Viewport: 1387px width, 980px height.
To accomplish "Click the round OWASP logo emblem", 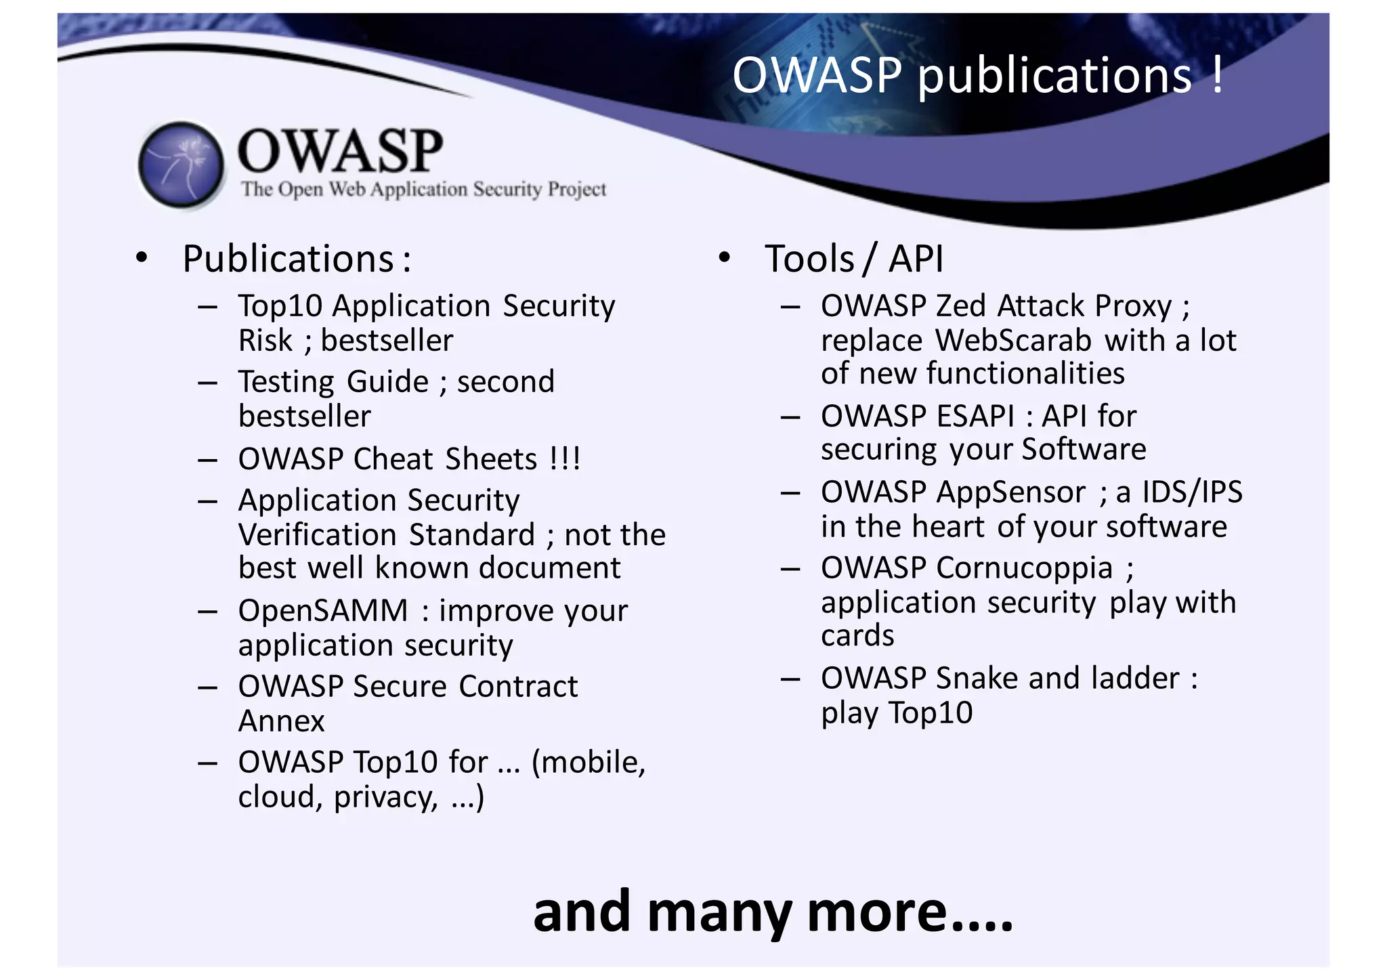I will point(182,165).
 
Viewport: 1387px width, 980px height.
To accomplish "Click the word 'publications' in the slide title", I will point(1054,76).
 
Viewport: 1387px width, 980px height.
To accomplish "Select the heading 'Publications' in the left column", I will point(289,259).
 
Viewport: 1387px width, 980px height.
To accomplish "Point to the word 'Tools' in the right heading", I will point(809,259).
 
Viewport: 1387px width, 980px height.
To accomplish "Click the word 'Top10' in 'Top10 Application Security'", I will point(280,306).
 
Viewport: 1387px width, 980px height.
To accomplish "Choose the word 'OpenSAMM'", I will point(323,611).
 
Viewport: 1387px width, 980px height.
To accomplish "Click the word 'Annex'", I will point(281,721).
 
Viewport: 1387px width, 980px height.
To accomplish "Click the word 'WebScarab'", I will point(1013,341).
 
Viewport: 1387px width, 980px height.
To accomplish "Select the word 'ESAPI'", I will point(975,417).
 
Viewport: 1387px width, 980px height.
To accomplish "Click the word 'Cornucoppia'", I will point(1025,568).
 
